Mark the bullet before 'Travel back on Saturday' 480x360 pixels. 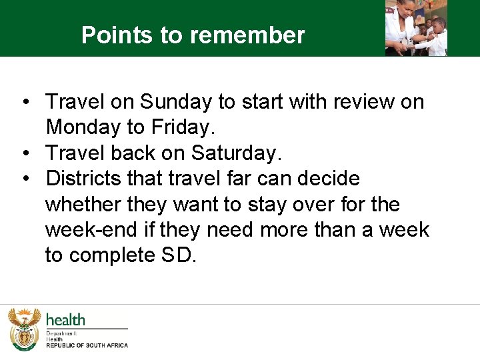point(25,154)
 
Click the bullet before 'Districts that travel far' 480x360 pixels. point(25,179)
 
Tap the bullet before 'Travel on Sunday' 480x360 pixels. point(25,103)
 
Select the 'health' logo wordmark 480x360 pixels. point(65,320)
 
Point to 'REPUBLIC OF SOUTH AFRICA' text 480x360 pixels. point(87,345)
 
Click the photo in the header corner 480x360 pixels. point(416,28)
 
